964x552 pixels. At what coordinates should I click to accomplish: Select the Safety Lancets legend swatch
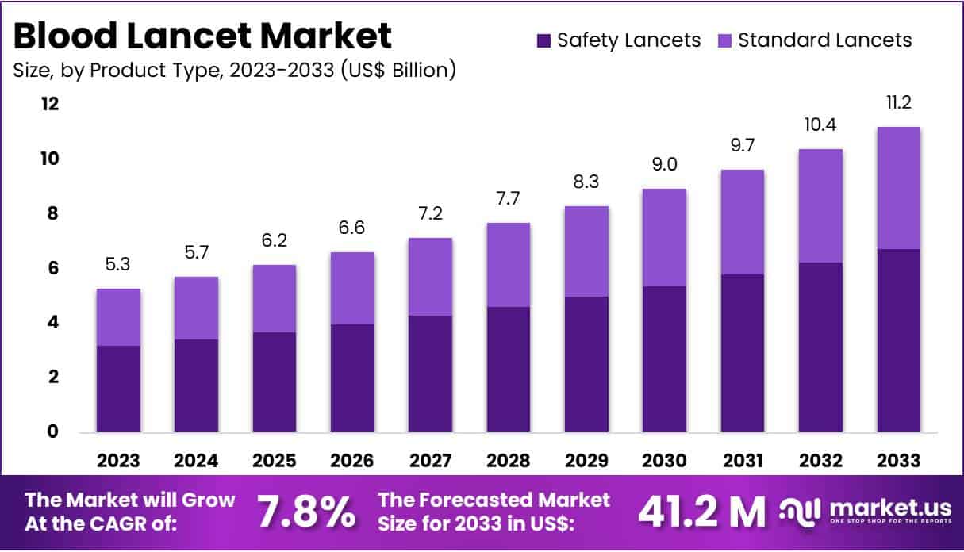point(544,40)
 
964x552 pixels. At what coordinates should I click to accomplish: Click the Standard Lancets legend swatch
point(725,40)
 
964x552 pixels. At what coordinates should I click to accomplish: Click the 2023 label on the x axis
point(118,461)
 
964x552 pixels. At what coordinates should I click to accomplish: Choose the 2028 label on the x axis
point(509,461)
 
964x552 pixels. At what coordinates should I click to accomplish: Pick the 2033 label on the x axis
point(899,461)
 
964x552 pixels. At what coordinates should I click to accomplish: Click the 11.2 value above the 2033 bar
point(899,103)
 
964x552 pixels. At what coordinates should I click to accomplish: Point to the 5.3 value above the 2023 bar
point(118,265)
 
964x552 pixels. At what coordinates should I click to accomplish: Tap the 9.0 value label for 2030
point(665,165)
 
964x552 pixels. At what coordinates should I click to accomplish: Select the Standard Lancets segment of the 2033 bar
point(899,188)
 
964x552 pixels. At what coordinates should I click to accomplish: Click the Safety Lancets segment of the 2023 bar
point(118,389)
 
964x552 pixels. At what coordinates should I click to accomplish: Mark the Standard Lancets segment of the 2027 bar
point(431,277)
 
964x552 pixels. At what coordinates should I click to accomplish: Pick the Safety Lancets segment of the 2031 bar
point(743,353)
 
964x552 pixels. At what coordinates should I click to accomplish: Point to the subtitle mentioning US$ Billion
point(235,70)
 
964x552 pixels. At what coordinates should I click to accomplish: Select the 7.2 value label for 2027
point(431,214)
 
